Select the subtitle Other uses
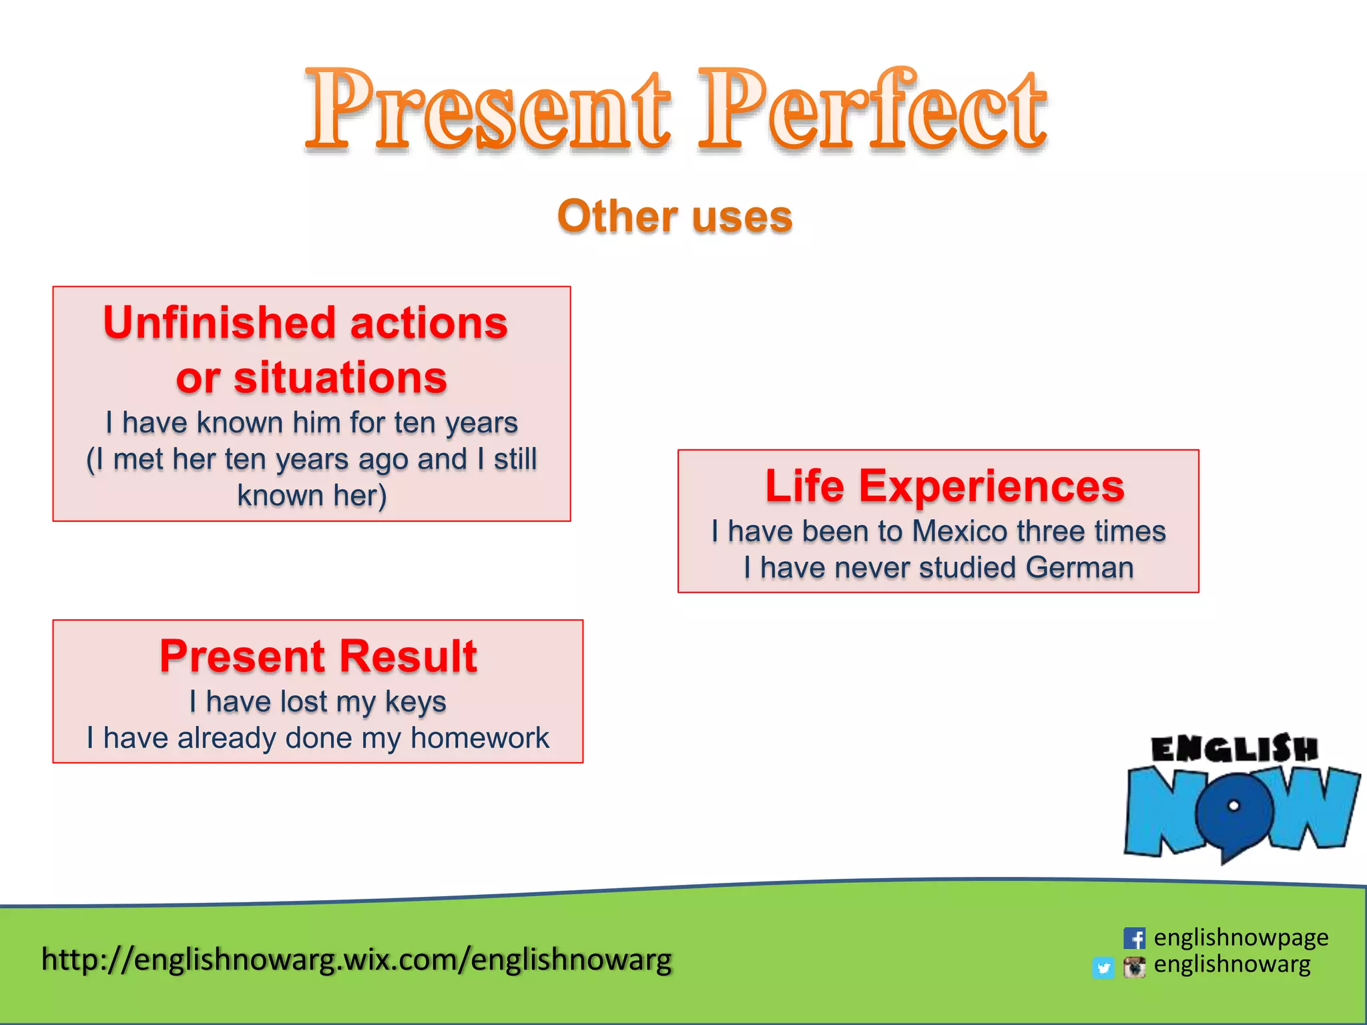[x=675, y=217]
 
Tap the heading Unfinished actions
[x=306, y=323]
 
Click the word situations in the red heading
[x=340, y=378]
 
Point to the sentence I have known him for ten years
[x=312, y=423]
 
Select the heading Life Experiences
[x=944, y=486]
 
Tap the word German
[x=1079, y=568]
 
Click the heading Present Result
[x=318, y=656]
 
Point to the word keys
[x=415, y=703]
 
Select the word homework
[x=479, y=739]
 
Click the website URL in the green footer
[x=356, y=960]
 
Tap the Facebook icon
[x=1134, y=938]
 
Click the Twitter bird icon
[x=1103, y=968]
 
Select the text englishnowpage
[x=1241, y=938]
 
